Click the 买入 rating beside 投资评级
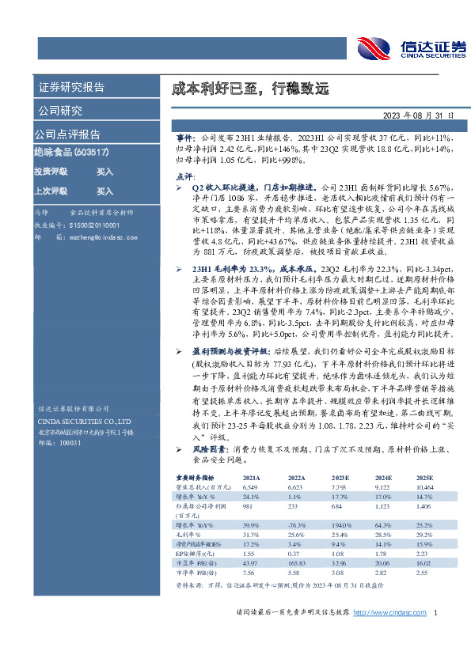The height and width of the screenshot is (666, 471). point(104,171)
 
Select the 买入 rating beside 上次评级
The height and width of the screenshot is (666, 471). point(104,191)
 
